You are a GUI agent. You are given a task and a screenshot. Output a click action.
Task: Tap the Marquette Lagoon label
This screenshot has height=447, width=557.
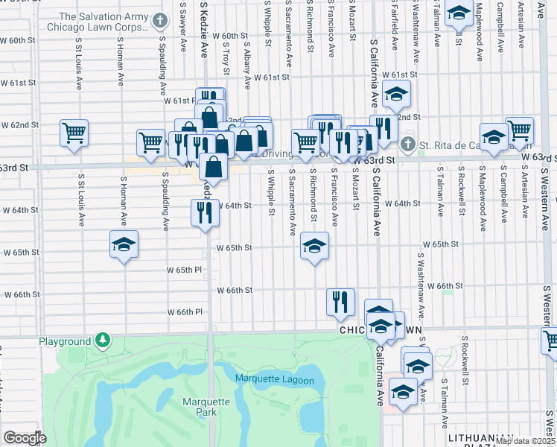(x=275, y=380)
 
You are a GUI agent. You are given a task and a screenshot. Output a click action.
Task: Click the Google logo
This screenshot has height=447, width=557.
(x=24, y=437)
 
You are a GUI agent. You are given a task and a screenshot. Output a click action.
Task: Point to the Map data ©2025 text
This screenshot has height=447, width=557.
(x=525, y=441)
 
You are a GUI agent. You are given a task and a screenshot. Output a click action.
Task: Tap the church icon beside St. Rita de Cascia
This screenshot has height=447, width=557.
(x=407, y=143)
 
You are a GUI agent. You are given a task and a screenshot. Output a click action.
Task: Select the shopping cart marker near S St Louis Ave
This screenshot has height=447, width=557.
(x=74, y=133)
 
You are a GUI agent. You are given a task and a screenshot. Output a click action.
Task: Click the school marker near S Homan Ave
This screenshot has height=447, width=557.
(x=124, y=244)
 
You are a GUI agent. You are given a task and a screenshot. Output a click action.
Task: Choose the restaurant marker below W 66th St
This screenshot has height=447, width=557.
(x=340, y=301)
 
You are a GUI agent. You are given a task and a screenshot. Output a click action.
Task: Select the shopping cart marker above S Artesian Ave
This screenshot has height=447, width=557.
(x=519, y=130)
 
